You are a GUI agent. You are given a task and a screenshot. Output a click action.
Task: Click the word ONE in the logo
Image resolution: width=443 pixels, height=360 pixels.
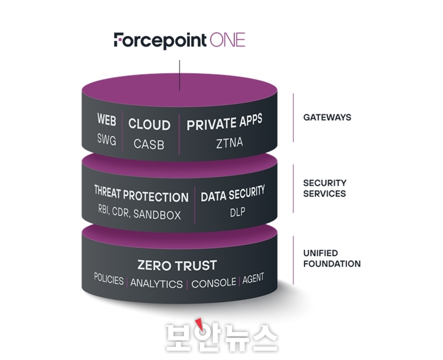[228, 40]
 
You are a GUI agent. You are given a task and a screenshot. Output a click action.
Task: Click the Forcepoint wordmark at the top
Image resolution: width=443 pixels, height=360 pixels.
[160, 41]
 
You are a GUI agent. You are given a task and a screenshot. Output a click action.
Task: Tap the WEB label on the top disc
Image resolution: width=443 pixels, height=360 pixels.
[106, 119]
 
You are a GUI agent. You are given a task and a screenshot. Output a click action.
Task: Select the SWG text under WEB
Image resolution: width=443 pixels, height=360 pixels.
[106, 140]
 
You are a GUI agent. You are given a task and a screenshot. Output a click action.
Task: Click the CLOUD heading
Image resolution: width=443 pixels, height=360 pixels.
[149, 124]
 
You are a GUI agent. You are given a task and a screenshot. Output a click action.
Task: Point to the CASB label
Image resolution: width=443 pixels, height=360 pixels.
[149, 144]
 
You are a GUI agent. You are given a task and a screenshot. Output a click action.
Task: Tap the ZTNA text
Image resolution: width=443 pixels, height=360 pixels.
[229, 143]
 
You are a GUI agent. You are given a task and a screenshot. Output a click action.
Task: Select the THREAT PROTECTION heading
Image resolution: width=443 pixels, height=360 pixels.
[141, 194]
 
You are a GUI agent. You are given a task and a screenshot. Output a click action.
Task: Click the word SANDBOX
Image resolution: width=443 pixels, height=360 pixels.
[157, 214]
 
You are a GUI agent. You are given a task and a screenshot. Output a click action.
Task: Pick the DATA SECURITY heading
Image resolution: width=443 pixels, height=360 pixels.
[233, 193]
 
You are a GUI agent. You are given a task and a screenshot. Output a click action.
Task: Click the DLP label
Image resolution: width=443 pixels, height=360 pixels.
[238, 212]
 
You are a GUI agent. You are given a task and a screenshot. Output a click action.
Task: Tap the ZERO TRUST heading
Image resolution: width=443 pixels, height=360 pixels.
[177, 265]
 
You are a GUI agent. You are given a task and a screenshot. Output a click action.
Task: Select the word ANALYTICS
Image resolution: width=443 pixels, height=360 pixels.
[157, 284]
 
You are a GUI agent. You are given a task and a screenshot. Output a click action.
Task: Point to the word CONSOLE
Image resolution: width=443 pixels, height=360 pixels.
[214, 283]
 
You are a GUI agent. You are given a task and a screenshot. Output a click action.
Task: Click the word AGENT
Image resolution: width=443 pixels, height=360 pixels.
[253, 279]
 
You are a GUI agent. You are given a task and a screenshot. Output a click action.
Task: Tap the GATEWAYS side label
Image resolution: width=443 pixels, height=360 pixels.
[327, 117]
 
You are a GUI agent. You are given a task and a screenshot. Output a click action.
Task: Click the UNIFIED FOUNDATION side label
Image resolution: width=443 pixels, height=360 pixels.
[332, 258]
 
